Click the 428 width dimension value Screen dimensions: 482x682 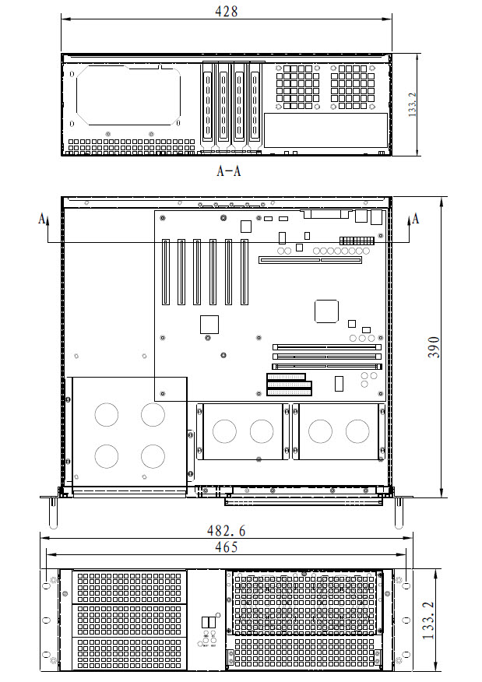click(227, 12)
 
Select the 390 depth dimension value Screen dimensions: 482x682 click(433, 347)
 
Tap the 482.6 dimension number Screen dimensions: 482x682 click(226, 531)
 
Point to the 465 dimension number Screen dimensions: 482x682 click(227, 547)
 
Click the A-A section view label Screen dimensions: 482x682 click(229, 170)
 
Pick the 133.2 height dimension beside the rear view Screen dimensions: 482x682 click(413, 104)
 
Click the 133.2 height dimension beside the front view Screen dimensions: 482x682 click(428, 620)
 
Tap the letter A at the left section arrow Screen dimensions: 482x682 click(42, 217)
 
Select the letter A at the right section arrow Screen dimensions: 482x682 click(416, 218)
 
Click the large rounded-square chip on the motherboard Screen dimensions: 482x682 click(326, 311)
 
